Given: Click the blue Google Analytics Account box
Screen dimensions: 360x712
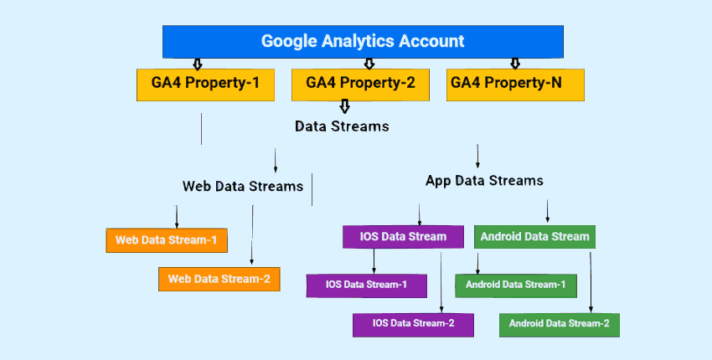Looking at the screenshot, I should point(362,41).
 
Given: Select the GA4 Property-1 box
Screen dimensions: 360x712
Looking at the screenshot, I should point(205,84).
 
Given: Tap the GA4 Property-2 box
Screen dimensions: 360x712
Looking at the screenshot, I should point(360,84).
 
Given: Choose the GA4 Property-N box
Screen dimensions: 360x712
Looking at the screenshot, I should point(514,84).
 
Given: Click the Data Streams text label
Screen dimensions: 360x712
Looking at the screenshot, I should point(342,126).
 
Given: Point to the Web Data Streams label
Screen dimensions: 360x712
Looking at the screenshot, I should point(243,186).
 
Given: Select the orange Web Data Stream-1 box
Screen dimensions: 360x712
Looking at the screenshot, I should point(166,240).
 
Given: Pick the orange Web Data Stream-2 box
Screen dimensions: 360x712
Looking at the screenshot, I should point(219,279).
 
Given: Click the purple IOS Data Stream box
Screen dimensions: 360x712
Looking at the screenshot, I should point(403,237).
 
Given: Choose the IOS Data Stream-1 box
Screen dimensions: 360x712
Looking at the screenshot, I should point(366,285).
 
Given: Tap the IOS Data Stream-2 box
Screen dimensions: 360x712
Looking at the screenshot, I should point(413,323).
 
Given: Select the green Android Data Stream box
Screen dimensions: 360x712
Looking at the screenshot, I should point(534,237).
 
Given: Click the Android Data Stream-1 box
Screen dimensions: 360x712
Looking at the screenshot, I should point(515,285).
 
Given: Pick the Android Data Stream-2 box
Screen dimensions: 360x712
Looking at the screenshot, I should point(559,323).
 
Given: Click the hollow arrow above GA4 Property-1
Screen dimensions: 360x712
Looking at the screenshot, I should point(198,63).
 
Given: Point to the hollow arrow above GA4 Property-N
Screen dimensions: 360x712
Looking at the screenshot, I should point(515,63).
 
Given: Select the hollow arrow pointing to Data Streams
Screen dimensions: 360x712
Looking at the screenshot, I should point(344,106).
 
